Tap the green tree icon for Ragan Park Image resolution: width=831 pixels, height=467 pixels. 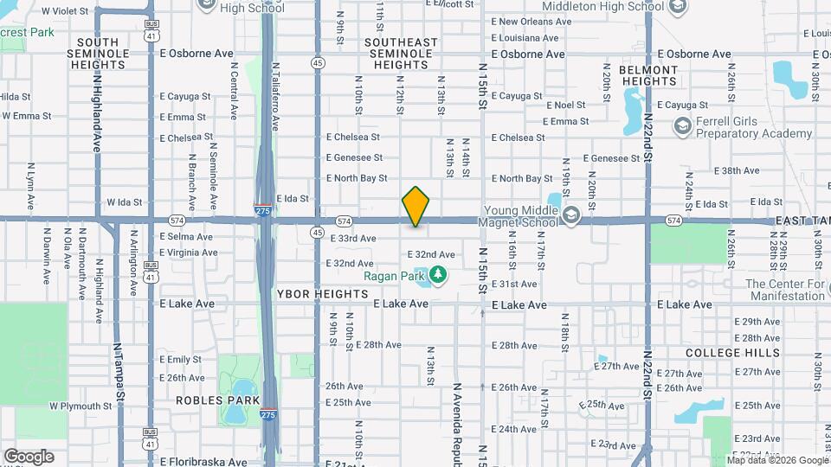pyautogui.click(x=439, y=275)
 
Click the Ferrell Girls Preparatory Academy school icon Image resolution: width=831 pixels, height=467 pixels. pyautogui.click(x=682, y=127)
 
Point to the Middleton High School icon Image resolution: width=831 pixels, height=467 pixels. pyautogui.click(x=678, y=8)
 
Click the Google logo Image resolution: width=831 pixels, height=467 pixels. pyautogui.click(x=29, y=457)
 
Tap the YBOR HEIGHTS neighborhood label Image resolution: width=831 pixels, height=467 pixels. pyautogui.click(x=323, y=294)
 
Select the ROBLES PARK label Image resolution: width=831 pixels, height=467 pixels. pyautogui.click(x=211, y=400)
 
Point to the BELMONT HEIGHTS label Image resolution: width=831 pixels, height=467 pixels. pyautogui.click(x=648, y=75)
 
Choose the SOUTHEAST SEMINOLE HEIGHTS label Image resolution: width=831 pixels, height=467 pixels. pyautogui.click(x=402, y=53)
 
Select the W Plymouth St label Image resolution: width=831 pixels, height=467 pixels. pyautogui.click(x=81, y=405)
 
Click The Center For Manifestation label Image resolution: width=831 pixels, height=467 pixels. pyautogui.click(x=785, y=290)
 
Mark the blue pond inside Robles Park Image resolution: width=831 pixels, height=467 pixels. pyautogui.click(x=235, y=414)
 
